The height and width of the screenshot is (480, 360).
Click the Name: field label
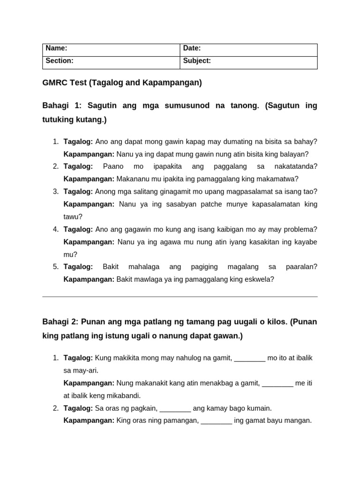pos(56,48)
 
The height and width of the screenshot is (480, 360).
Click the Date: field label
pos(192,48)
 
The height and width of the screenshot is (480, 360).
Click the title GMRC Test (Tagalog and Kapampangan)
pos(122,83)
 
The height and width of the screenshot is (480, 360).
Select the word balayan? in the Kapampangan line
pos(292,154)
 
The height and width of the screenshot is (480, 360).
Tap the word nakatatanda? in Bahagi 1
pos(296,166)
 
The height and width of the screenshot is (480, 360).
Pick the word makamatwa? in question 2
pos(279,179)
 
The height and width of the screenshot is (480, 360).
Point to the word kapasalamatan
pos(278,204)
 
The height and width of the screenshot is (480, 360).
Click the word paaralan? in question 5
pos(301,267)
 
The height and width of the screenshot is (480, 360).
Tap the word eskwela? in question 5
pos(259,279)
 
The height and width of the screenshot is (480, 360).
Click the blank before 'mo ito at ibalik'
pos(249,358)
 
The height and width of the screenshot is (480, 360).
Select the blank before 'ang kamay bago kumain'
pos(175,408)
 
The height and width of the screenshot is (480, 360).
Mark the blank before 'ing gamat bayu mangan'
pos(216,421)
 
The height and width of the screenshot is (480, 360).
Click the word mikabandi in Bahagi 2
pos(123,396)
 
